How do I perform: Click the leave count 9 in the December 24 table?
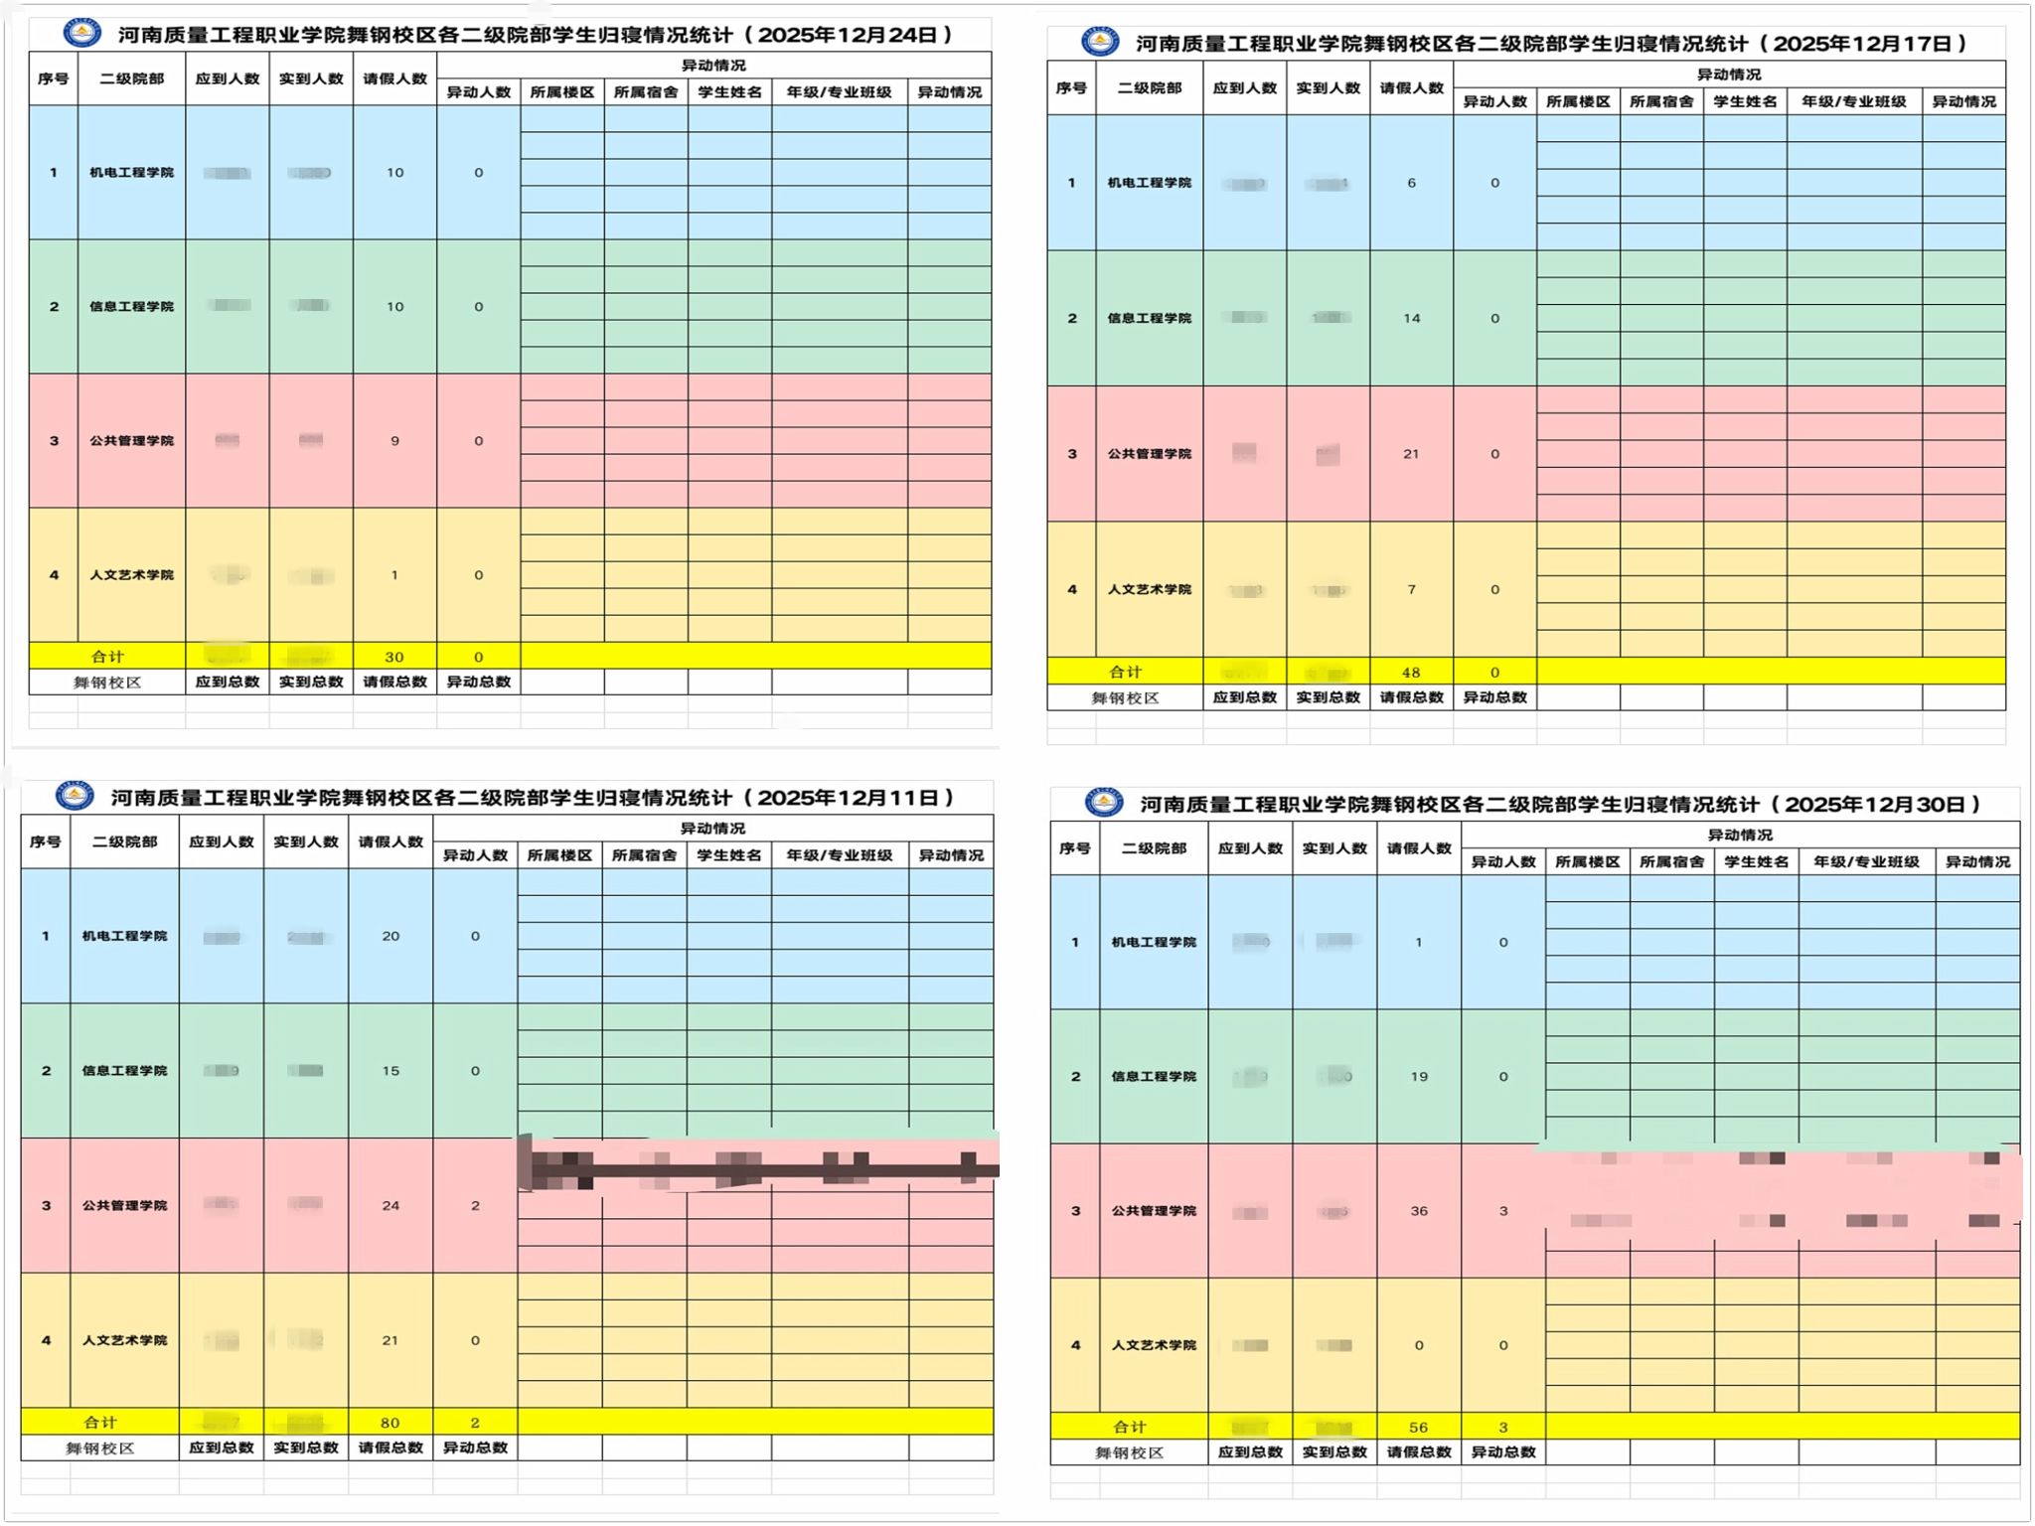point(394,441)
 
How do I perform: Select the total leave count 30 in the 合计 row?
point(394,657)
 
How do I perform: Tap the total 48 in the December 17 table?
point(1411,673)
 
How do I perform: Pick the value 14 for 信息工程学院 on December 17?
point(1411,319)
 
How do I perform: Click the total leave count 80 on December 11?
point(391,1423)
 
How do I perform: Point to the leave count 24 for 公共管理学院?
point(391,1206)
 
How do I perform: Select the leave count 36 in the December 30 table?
point(1419,1211)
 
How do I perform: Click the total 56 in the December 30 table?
point(1418,1428)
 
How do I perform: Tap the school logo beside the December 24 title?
point(81,34)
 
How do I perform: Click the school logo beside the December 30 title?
point(1104,803)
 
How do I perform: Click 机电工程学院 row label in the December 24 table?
point(131,173)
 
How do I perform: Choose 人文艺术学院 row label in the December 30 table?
point(1154,1345)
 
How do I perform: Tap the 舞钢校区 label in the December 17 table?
point(1125,698)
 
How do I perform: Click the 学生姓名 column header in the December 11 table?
point(728,855)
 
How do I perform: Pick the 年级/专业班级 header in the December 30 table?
point(1866,862)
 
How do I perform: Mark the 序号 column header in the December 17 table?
point(1071,88)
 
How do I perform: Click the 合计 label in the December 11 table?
point(99,1423)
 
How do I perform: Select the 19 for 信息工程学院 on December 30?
point(1419,1077)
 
